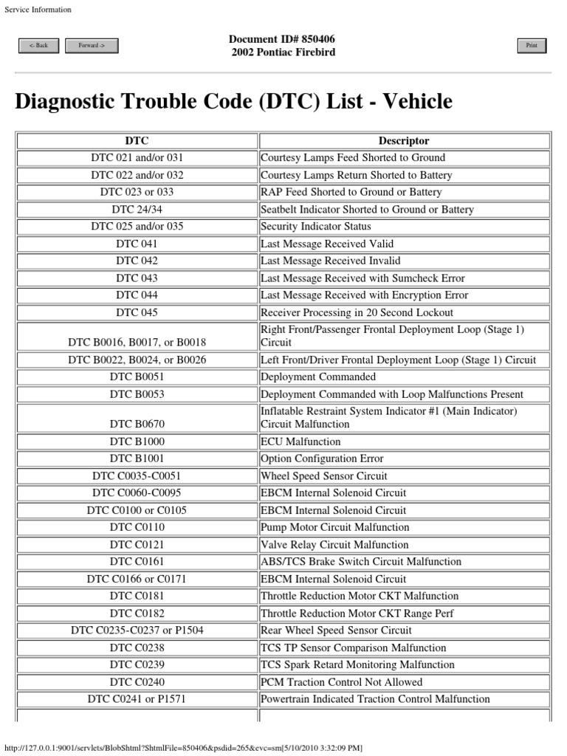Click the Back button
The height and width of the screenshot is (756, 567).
coord(38,46)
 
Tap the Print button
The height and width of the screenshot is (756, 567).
coord(531,46)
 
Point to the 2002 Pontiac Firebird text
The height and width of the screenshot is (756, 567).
coord(283,52)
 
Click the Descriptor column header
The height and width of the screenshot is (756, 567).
coord(403,140)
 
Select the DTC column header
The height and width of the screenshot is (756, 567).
coord(137,140)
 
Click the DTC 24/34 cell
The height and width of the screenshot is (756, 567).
coord(137,210)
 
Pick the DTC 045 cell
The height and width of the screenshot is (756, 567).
coord(137,313)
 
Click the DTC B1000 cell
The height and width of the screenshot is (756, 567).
coord(137,441)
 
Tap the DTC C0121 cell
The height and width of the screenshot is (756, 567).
coord(137,545)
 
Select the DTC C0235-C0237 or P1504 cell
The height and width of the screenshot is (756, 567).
coord(137,630)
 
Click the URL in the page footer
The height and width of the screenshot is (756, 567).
coord(183,748)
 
